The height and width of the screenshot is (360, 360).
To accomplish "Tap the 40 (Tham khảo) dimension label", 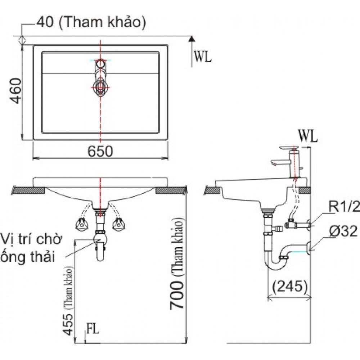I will point(91,23).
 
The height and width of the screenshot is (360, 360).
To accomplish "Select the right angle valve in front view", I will point(118,224).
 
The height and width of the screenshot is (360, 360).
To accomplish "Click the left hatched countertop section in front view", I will point(29,190).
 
